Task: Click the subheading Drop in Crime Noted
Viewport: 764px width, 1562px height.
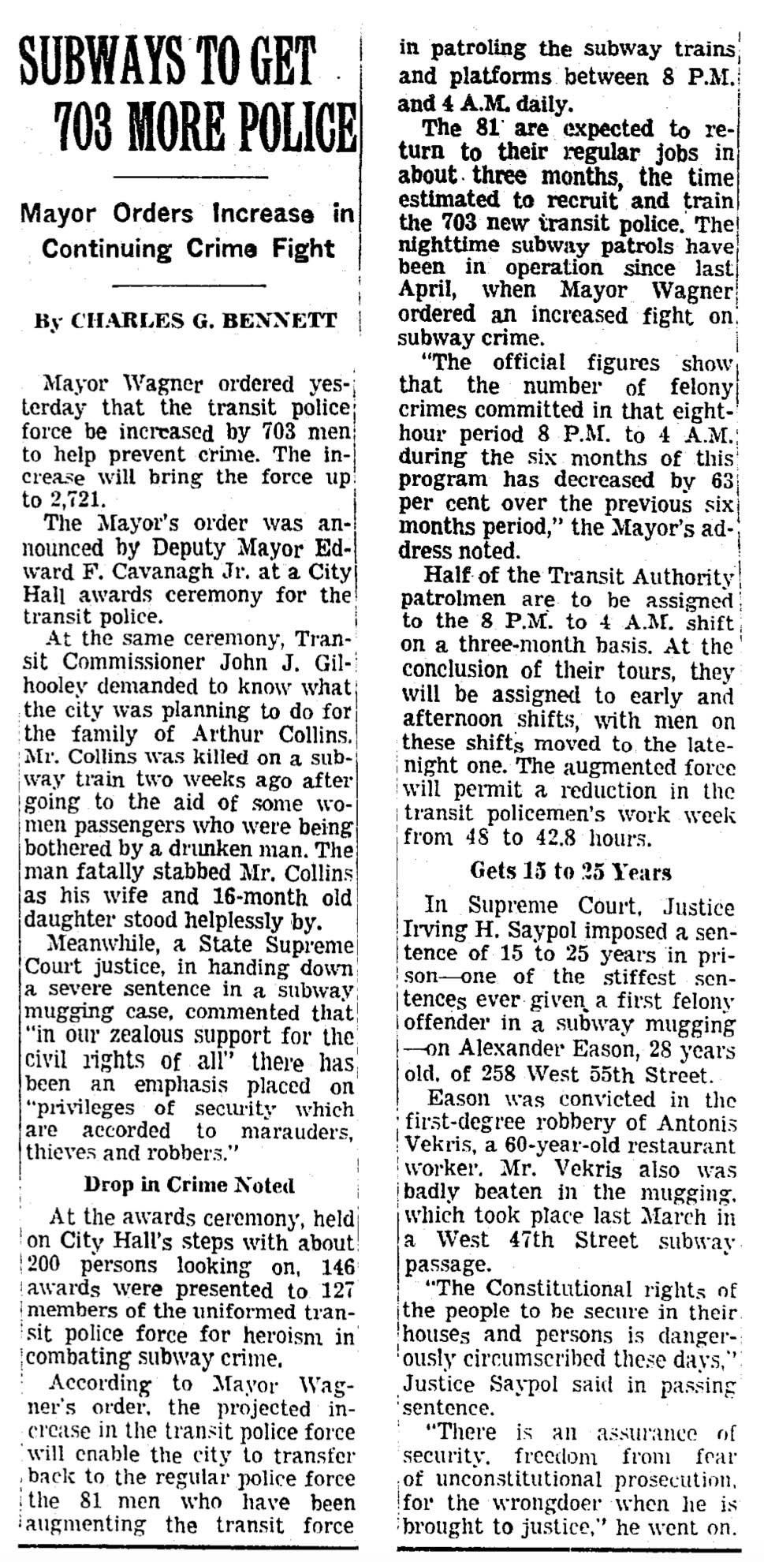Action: [x=189, y=1185]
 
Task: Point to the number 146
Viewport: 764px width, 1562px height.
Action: [x=334, y=1265]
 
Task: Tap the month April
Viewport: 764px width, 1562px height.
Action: [x=427, y=290]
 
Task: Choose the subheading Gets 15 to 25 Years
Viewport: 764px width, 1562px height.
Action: [x=570, y=872]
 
